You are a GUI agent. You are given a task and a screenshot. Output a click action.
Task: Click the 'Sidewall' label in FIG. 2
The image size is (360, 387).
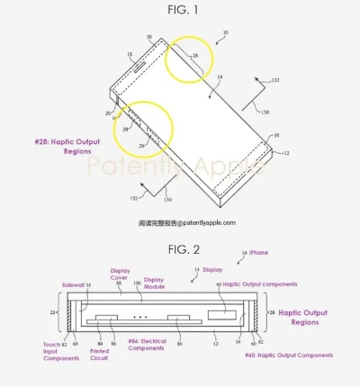(x=74, y=283)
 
